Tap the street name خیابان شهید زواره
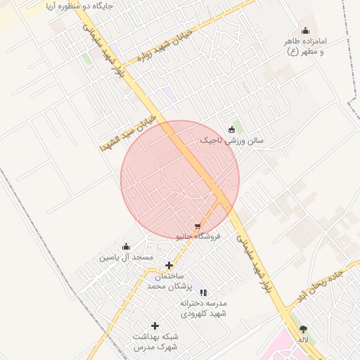163,43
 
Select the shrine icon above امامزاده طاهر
305,30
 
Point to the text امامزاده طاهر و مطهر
304,46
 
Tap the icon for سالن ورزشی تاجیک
232,129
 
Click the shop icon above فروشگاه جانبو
198,225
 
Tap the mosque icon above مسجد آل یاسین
126,246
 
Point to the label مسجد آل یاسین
126,258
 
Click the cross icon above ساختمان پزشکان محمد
169,265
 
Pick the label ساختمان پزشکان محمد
169,282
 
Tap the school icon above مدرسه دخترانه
203,292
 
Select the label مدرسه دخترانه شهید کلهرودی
204,309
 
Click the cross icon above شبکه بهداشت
155,326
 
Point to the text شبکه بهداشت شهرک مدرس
155,342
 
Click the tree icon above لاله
304,328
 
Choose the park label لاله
304,340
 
